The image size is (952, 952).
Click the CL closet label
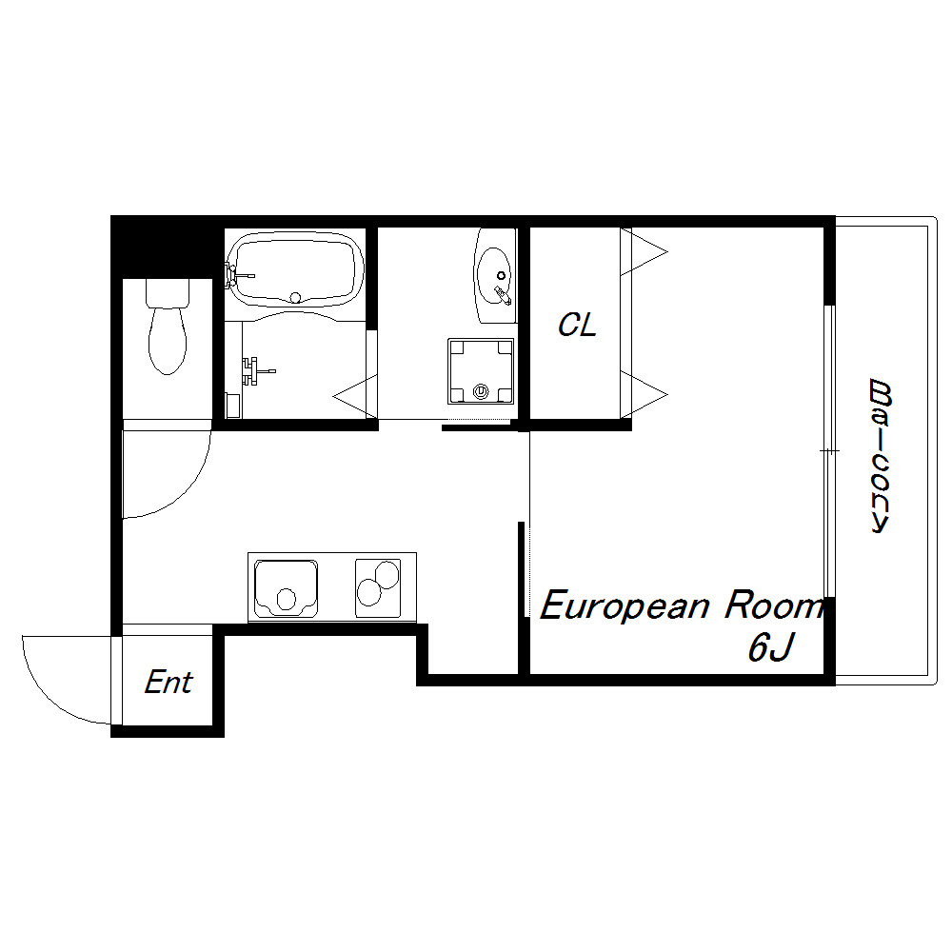578,325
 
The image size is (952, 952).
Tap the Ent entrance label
169,683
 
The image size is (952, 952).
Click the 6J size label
770,647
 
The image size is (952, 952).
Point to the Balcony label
880,456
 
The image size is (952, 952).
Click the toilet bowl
168,341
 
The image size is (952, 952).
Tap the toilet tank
168,292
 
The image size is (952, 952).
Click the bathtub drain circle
296,297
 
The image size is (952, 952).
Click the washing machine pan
481,371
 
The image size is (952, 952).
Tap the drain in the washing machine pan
481,391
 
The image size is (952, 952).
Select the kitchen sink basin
286,587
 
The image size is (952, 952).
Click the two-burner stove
378,587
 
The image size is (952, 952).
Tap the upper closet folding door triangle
644,251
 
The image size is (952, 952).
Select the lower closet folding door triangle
644,395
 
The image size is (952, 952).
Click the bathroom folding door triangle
355,396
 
